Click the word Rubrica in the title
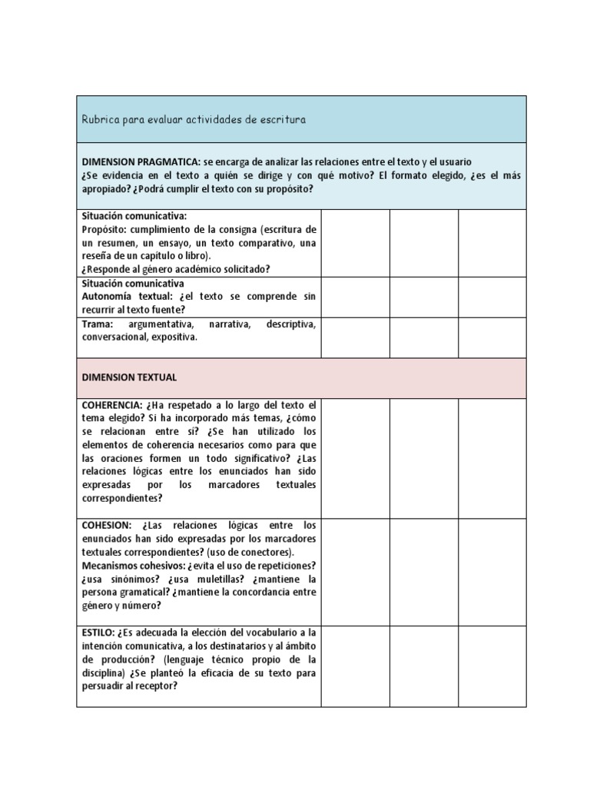[x=100, y=120]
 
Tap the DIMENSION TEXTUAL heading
[x=129, y=378]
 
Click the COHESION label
[x=108, y=525]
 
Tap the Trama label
[x=97, y=324]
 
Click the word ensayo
[x=164, y=243]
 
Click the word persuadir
[x=104, y=686]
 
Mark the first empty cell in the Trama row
[x=355, y=338]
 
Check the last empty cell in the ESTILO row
[x=492, y=666]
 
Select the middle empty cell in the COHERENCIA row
[x=424, y=458]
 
